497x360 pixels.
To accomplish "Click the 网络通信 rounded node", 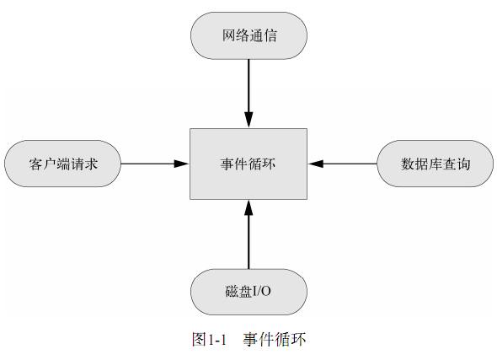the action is (248, 35).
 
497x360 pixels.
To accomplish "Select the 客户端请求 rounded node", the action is (63, 164).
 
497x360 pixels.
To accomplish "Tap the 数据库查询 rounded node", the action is (436, 164).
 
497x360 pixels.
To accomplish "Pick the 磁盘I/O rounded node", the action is (248, 292).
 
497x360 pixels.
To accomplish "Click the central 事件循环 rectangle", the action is (248, 164).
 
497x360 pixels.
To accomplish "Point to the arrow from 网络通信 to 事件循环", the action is (248, 94).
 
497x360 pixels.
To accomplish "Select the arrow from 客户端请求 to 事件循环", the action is (155, 164).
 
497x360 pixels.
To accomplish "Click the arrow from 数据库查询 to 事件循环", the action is (342, 164).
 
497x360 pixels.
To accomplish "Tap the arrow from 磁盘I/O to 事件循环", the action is (248, 234).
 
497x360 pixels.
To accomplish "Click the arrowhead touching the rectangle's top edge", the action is (248, 120).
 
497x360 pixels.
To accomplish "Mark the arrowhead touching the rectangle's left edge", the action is (182, 164).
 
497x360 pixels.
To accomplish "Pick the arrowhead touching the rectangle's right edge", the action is (316, 164).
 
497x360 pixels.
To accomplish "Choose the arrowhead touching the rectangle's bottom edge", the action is (248, 208).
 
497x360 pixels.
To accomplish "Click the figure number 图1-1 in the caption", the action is (209, 340).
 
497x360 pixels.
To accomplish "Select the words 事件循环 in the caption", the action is (275, 340).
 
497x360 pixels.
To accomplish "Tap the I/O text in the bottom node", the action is (261, 291).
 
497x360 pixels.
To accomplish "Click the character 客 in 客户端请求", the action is (36, 164).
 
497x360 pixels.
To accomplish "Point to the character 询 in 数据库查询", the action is (463, 164).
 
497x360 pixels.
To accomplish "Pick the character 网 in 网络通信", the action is (228, 35).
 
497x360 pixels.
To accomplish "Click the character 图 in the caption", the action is (199, 340).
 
